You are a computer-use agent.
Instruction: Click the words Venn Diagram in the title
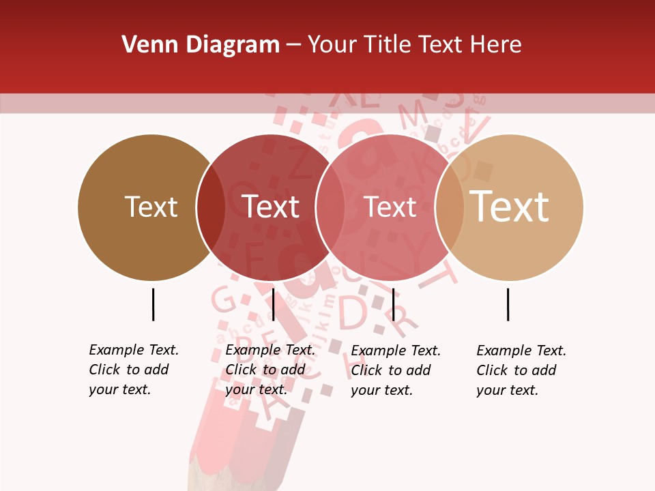tap(201, 45)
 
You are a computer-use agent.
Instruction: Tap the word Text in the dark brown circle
tap(151, 207)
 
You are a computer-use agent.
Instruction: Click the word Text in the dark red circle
tap(271, 207)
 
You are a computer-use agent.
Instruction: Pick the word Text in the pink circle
tap(390, 207)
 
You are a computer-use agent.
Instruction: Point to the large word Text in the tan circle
tap(509, 207)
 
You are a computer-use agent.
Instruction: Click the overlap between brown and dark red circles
tap(210, 207)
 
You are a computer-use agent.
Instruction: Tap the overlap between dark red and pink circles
tap(330, 207)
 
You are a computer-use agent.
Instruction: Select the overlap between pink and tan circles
tap(449, 207)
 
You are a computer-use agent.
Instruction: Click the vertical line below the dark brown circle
tap(153, 304)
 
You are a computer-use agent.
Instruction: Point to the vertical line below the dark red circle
tap(273, 304)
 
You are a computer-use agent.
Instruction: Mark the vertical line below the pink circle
tap(393, 304)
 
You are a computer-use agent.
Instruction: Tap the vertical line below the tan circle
tap(508, 304)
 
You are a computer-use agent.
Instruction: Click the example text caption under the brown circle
tap(133, 370)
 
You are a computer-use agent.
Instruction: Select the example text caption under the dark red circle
tap(270, 370)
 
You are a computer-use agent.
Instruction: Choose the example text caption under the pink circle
tap(395, 370)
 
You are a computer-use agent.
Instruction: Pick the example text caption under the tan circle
tap(521, 370)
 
